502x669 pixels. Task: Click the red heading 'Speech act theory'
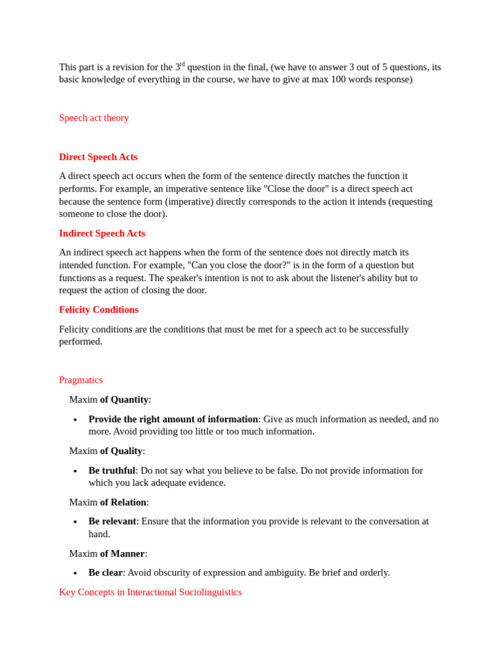tap(93, 118)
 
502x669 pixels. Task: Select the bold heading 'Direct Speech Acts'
tap(98, 157)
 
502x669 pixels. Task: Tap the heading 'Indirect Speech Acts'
tap(102, 233)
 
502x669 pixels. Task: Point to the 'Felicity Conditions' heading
tap(99, 310)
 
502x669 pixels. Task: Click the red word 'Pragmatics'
tap(80, 380)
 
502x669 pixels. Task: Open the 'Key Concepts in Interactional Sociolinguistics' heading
tap(150, 592)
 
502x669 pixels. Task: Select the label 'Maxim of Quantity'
tap(110, 399)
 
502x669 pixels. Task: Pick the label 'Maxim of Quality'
tap(107, 451)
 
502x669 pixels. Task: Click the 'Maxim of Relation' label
tap(109, 502)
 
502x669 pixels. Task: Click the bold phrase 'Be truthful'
tap(112, 470)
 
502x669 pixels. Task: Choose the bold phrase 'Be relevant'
tap(112, 521)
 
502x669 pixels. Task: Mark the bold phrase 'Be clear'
tap(105, 572)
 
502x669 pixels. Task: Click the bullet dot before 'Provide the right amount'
tap(75, 420)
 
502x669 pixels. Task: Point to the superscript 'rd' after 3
tap(182, 64)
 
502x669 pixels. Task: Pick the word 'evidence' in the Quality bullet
tap(206, 483)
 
